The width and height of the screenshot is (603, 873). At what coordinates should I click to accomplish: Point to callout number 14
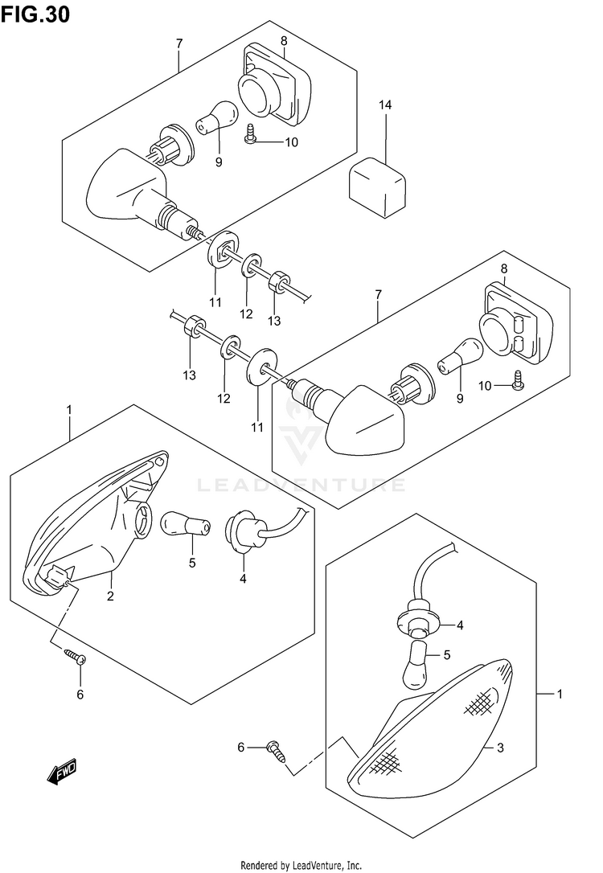[385, 105]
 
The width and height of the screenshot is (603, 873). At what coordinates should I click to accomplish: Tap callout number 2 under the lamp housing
[110, 596]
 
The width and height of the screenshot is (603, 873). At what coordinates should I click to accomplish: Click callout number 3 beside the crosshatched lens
[499, 748]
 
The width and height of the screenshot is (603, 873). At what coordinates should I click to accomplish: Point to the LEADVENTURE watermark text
[301, 485]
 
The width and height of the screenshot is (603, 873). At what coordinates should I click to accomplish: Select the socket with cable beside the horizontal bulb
[243, 530]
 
